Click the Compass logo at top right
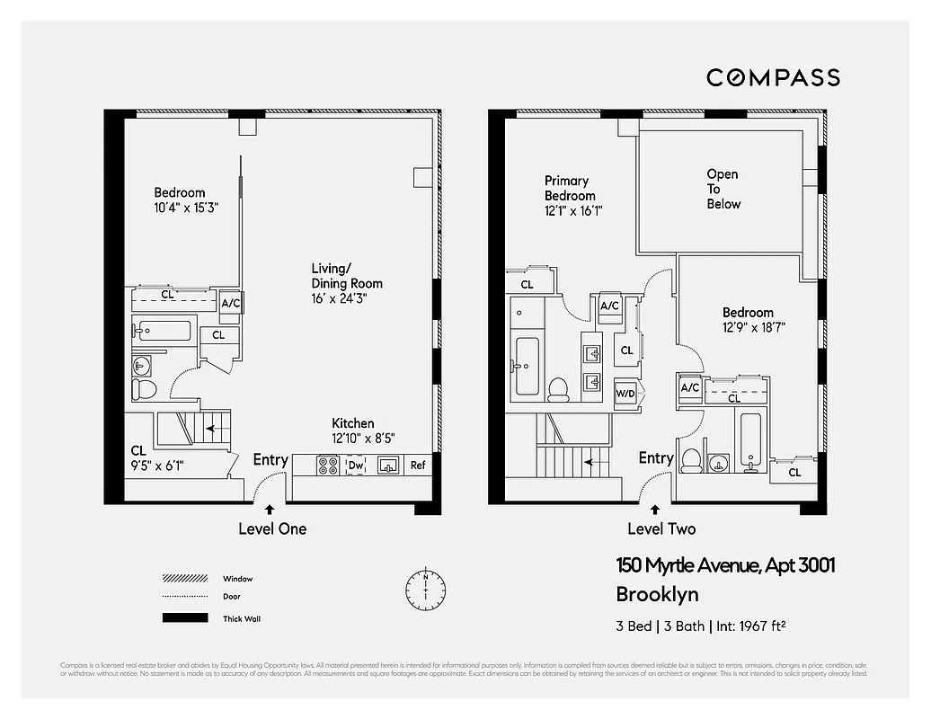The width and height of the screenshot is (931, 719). pyautogui.click(x=773, y=77)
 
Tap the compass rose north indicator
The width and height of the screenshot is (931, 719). pyautogui.click(x=425, y=588)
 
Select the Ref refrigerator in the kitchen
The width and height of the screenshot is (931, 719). pyautogui.click(x=418, y=465)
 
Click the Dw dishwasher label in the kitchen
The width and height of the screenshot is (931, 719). pyautogui.click(x=356, y=466)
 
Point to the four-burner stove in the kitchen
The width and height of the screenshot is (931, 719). pyautogui.click(x=329, y=466)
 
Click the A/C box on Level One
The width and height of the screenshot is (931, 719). pyautogui.click(x=231, y=304)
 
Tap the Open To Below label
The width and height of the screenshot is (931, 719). pyautogui.click(x=723, y=189)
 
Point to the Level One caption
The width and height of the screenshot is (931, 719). pyautogui.click(x=272, y=528)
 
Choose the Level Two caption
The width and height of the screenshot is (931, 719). pyautogui.click(x=661, y=528)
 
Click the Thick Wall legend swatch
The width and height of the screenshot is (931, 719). pyautogui.click(x=183, y=618)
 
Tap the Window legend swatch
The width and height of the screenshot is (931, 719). pyautogui.click(x=183, y=579)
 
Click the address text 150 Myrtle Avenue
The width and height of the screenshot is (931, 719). pyautogui.click(x=725, y=565)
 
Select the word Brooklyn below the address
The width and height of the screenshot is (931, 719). pyautogui.click(x=657, y=594)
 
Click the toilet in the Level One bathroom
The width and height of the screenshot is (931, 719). pyautogui.click(x=144, y=389)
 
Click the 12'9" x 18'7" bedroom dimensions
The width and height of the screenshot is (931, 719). pyautogui.click(x=754, y=327)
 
